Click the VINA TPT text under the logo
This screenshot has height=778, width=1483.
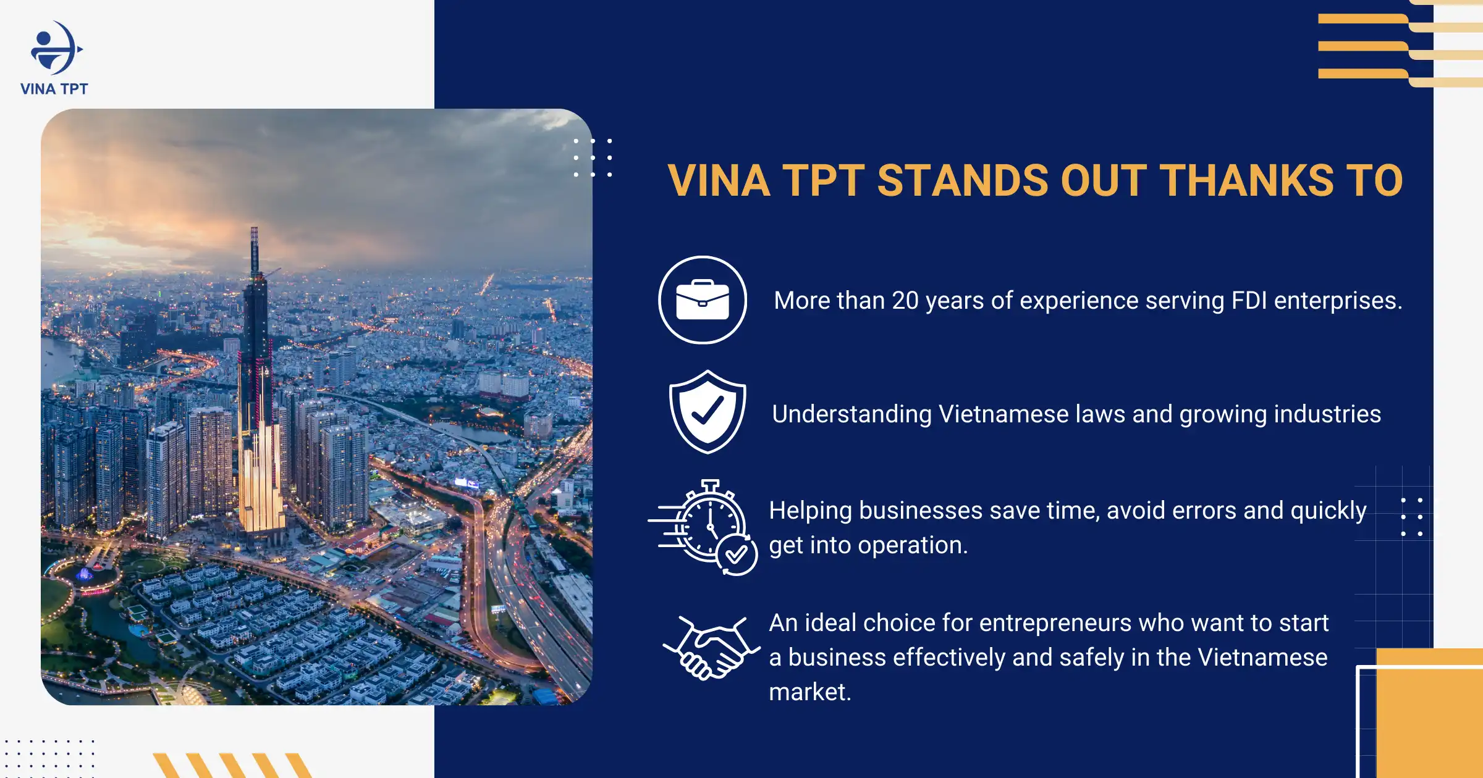pyautogui.click(x=54, y=89)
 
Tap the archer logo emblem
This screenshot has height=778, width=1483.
pyautogui.click(x=56, y=49)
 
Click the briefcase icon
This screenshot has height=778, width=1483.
pyautogui.click(x=703, y=300)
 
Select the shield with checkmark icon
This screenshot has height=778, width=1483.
pyautogui.click(x=708, y=412)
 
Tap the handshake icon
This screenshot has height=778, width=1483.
pyautogui.click(x=711, y=648)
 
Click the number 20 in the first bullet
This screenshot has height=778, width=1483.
pyautogui.click(x=905, y=301)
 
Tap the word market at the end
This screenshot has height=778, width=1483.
pyautogui.click(x=809, y=692)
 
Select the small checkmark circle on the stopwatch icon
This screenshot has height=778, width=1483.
pyautogui.click(x=737, y=555)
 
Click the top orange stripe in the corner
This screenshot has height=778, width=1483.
pyautogui.click(x=1362, y=19)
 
